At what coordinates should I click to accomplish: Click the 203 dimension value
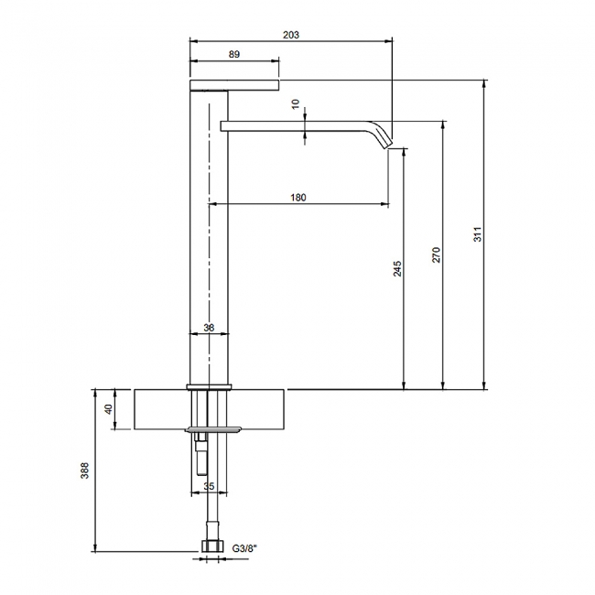[291, 35]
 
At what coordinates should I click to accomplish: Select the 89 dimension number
[234, 54]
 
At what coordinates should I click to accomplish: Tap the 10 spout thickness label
[296, 103]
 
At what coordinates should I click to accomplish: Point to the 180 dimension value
[298, 198]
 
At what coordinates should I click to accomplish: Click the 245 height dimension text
[397, 268]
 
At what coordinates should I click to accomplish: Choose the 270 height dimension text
[437, 254]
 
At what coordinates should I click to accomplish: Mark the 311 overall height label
[478, 234]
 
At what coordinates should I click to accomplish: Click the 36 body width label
[209, 328]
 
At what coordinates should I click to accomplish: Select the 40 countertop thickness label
[108, 409]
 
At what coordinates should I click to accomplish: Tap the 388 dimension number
[84, 471]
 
